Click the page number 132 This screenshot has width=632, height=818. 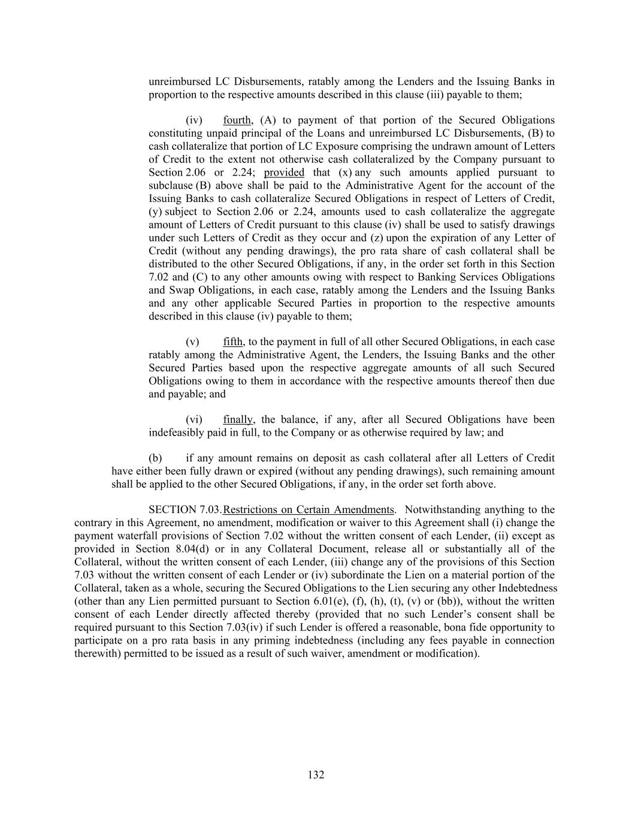pyautogui.click(x=316, y=775)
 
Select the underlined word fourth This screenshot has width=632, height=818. pyautogui.click(x=237, y=120)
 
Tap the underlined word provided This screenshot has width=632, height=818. pyautogui.click(x=284, y=173)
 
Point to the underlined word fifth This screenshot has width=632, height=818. pyautogui.click(x=232, y=342)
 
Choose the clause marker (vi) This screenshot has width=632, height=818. pyautogui.click(x=194, y=420)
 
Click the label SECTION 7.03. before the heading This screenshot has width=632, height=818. pyautogui.click(x=185, y=510)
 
